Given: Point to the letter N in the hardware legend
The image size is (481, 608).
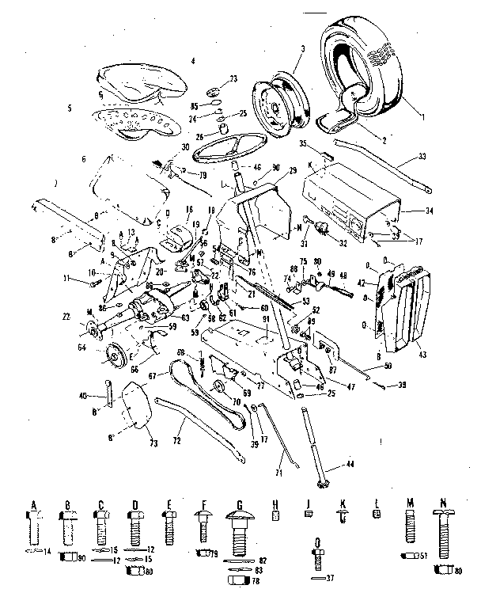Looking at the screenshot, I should [443, 503].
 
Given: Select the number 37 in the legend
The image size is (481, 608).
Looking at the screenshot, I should [330, 578].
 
